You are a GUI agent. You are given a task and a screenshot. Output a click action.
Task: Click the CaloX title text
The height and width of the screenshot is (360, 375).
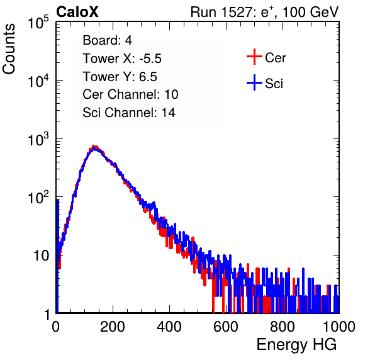tap(77, 12)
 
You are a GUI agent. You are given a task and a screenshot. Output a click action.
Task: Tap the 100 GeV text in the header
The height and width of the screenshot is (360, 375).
tap(310, 12)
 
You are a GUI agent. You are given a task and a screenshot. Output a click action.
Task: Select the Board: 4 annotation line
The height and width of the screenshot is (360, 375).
tap(107, 40)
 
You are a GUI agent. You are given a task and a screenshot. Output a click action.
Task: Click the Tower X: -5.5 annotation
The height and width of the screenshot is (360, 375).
tap(122, 59)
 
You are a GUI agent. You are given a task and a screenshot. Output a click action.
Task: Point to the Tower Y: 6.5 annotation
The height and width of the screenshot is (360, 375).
tap(120, 77)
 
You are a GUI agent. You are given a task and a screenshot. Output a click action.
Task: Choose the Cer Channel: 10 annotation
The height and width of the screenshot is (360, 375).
tap(130, 94)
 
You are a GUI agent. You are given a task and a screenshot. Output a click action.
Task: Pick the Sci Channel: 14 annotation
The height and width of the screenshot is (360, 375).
tap(129, 113)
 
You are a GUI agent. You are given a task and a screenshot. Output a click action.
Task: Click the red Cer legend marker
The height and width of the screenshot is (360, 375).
tap(254, 57)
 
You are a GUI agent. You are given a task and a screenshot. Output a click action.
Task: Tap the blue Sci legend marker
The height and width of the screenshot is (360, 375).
tap(254, 82)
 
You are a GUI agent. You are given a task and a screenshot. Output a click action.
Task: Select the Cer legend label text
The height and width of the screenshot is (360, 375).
tap(275, 58)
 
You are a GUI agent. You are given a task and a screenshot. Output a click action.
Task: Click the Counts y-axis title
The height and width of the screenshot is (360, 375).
tap(9, 49)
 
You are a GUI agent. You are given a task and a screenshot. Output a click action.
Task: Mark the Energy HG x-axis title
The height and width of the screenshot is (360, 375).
tap(296, 344)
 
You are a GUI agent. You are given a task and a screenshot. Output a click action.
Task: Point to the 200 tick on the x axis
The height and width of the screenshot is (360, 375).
tap(113, 327)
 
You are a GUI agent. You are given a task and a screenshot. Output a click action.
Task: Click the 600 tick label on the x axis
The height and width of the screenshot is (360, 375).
tap(226, 327)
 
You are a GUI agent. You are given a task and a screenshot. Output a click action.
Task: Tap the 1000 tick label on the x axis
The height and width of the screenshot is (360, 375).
tap(339, 327)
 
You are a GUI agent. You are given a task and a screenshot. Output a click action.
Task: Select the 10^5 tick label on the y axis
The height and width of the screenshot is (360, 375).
tap(38, 22)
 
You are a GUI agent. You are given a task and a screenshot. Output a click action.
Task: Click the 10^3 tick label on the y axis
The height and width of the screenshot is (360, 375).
tap(38, 139)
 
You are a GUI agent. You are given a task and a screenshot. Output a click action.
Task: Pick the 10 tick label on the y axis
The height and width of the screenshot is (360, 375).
tap(41, 256)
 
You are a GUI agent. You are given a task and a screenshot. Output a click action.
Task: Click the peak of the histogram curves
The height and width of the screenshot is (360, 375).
tap(94, 147)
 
